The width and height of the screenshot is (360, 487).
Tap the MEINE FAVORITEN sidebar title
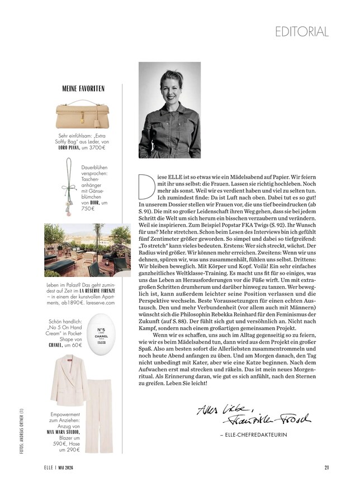click(x=83, y=88)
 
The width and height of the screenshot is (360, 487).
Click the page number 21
click(x=326, y=467)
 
